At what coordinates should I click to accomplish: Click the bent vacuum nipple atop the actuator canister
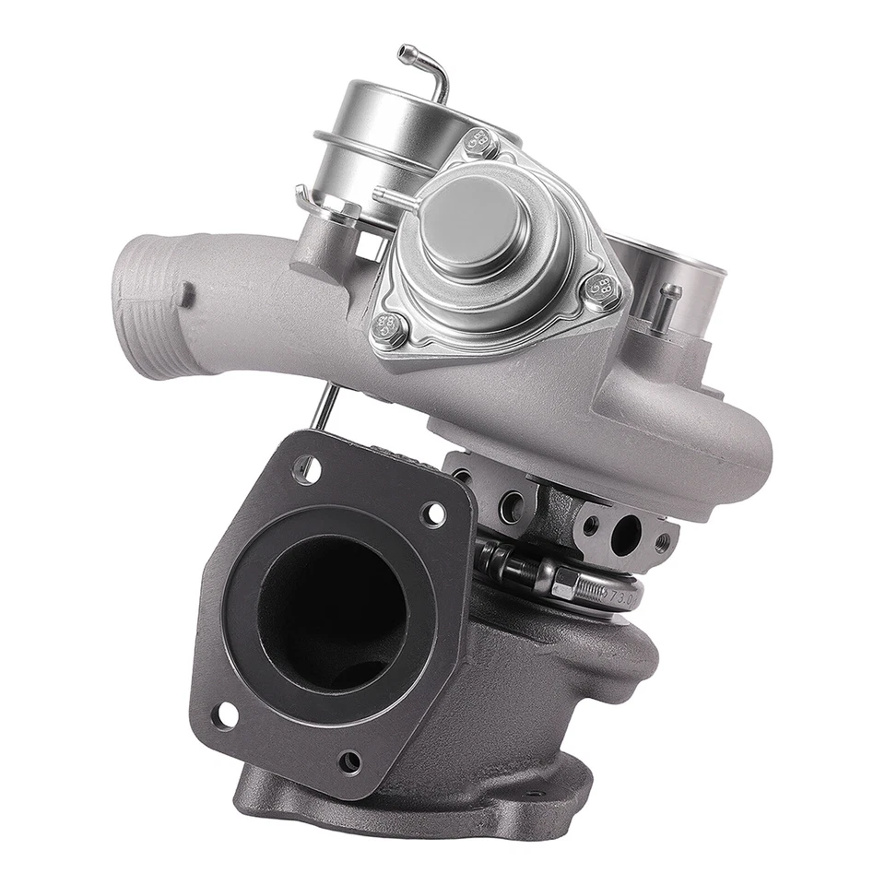pos(426,66)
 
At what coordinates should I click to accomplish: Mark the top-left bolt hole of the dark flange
pos(304,468)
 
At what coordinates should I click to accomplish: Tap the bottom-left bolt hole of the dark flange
pos(224,714)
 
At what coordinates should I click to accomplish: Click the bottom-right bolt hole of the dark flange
pos(349,761)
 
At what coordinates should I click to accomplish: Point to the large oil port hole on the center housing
pos(626,534)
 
